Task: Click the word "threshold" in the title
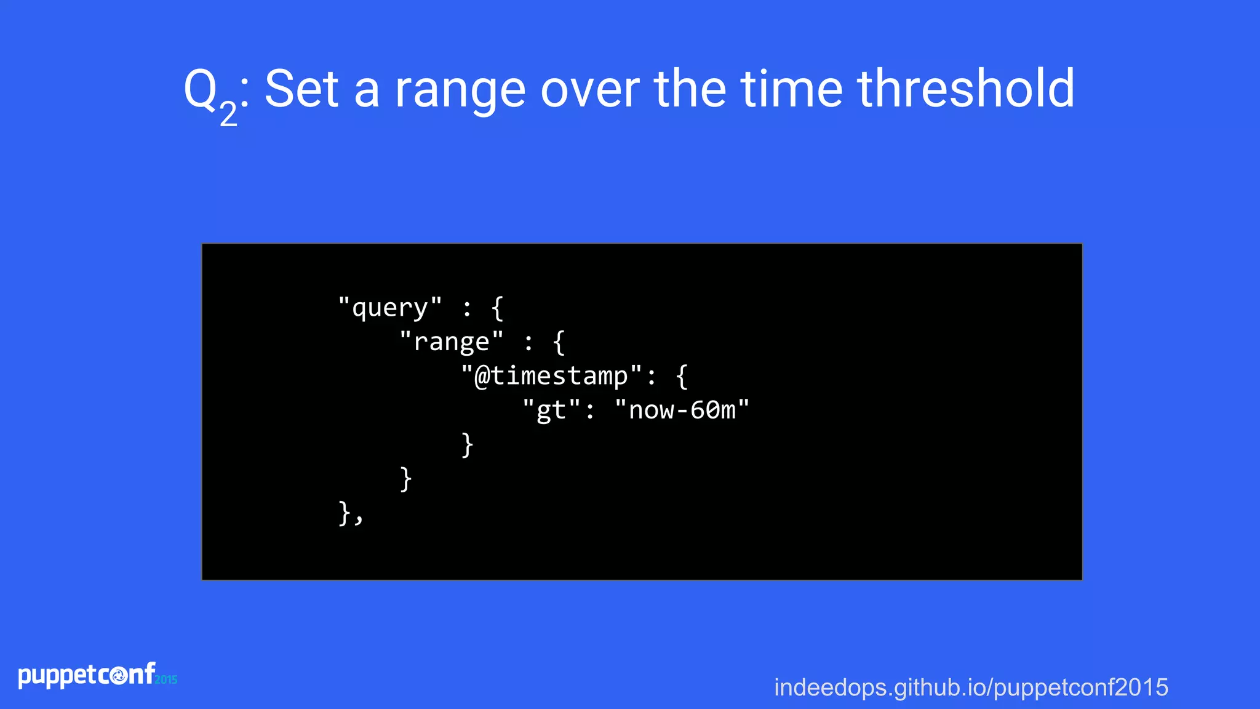965,89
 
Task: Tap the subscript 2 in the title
228,114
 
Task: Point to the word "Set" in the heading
301,89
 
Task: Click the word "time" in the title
791,89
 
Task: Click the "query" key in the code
390,307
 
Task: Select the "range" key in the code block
452,342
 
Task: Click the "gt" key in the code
551,410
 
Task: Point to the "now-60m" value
682,410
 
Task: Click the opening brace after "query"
498,308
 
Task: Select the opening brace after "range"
559,342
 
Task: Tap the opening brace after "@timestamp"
682,376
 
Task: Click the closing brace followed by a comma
345,513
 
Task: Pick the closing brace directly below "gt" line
467,444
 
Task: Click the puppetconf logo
86,675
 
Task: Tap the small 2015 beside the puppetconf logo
166,679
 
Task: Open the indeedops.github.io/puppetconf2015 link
971,687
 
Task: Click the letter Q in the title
201,89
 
